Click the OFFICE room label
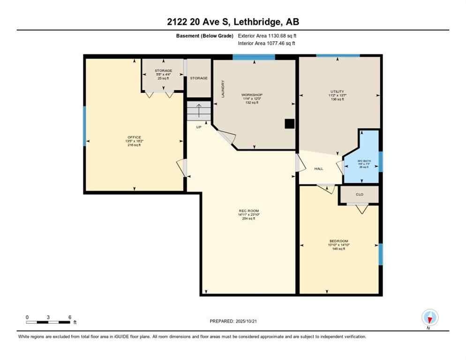tap(134, 137)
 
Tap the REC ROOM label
tap(248, 211)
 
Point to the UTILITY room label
tap(337, 91)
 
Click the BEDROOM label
tap(338, 241)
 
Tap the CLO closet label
tap(360, 194)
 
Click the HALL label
tap(319, 169)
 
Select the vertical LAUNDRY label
tap(223, 88)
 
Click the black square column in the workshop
tap(290, 124)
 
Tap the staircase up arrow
tap(199, 111)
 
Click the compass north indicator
tap(429, 318)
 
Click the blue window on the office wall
tap(85, 126)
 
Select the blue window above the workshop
tap(254, 57)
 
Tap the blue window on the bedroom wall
tap(380, 254)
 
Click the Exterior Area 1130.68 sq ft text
tap(267, 36)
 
